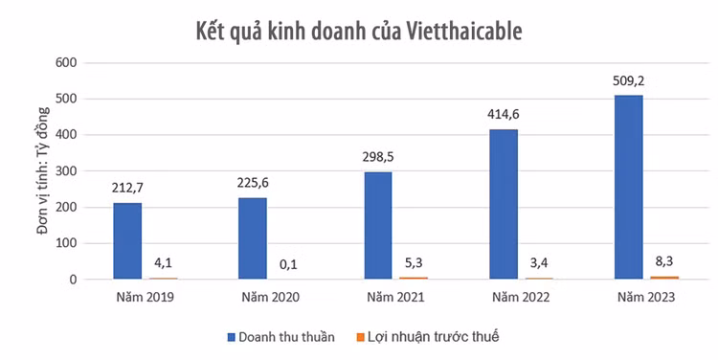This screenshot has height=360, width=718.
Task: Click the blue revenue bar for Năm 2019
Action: [126, 240]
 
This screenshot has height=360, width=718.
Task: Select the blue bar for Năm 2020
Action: [252, 238]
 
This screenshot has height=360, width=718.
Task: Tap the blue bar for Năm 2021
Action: [377, 225]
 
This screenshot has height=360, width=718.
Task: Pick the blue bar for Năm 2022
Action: [503, 204]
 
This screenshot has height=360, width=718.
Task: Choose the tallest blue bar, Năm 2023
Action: [628, 187]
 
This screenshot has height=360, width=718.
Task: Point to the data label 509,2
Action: [628, 80]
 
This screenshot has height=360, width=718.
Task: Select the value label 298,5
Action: [377, 157]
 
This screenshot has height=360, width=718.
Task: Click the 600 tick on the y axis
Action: [65, 63]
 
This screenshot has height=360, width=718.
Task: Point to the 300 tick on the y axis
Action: [65, 171]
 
